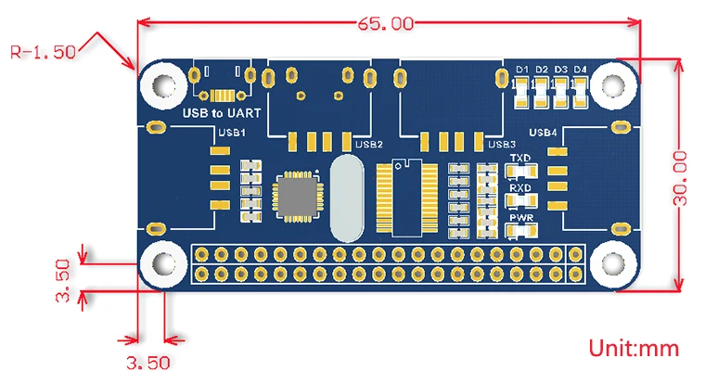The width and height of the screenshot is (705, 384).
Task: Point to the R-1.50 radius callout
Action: pyautogui.click(x=43, y=52)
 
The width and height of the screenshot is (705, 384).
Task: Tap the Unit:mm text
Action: pyautogui.click(x=634, y=349)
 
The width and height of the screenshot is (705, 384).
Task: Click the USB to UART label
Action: pyautogui.click(x=222, y=113)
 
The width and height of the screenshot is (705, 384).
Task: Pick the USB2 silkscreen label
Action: pyautogui.click(x=369, y=144)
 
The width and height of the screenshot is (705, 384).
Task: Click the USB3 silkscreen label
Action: pyautogui.click(x=501, y=144)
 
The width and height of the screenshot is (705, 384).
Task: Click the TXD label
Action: pyautogui.click(x=519, y=159)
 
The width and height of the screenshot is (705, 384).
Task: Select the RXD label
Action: pyautogui.click(x=519, y=187)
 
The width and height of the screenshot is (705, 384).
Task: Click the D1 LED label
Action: pyautogui.click(x=522, y=70)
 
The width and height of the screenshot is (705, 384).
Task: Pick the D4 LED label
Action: pyautogui.click(x=581, y=70)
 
